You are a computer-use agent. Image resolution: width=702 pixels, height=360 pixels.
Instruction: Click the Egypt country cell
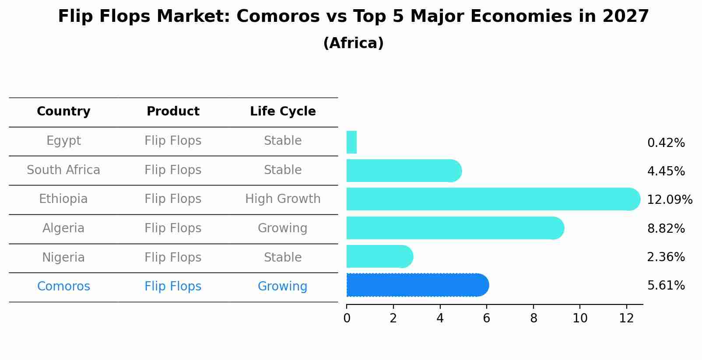(63, 141)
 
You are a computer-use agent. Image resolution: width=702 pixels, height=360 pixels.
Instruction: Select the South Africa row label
(63, 170)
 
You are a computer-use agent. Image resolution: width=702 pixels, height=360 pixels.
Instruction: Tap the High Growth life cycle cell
(283, 199)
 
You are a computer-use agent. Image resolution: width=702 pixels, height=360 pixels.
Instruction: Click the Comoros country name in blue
(63, 287)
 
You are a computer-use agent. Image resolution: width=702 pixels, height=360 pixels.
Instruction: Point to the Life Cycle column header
(283, 112)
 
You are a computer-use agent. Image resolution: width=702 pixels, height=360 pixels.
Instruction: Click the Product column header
(173, 112)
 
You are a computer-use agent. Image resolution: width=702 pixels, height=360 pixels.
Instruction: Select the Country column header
(63, 112)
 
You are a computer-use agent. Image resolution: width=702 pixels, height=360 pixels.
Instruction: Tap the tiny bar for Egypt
(351, 142)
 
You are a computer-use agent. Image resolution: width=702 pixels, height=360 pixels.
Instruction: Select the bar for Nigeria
(379, 257)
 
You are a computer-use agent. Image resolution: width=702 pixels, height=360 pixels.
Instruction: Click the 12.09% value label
(669, 200)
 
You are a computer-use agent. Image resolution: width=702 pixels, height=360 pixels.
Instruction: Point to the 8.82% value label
(666, 228)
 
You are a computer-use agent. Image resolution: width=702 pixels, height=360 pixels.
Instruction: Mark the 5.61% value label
(666, 286)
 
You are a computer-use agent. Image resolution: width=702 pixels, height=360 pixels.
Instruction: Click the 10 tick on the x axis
(580, 318)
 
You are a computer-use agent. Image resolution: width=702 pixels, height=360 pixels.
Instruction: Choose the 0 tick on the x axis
(347, 318)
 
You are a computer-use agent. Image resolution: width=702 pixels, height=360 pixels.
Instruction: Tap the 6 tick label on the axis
(486, 318)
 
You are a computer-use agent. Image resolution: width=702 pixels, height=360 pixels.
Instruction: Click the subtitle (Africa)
(353, 43)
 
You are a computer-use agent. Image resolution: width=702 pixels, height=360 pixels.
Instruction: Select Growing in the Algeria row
(282, 228)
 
